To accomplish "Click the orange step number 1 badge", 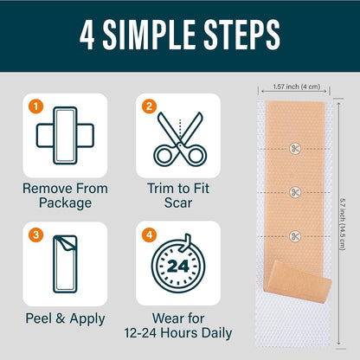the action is [x=35, y=106].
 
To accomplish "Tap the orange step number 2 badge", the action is [x=149, y=106].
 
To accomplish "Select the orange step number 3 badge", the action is [x=35, y=235].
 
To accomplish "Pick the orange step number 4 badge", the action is [x=149, y=235].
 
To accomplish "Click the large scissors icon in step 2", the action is [x=180, y=139].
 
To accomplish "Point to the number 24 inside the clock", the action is [x=178, y=266].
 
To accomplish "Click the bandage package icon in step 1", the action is [x=65, y=135].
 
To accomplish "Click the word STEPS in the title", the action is [x=241, y=35].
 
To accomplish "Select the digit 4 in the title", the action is [x=87, y=35].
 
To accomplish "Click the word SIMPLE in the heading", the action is [x=149, y=35].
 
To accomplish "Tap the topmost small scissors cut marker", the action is [x=295, y=149].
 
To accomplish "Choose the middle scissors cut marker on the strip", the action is [x=295, y=192].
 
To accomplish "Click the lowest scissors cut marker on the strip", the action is [x=295, y=236].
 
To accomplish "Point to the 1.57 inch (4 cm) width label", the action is [x=297, y=87].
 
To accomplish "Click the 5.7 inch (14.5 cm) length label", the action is [x=343, y=224].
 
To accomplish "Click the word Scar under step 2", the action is [x=178, y=202].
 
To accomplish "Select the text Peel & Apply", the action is [x=65, y=318].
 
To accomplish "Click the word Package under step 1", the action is [x=65, y=202].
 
